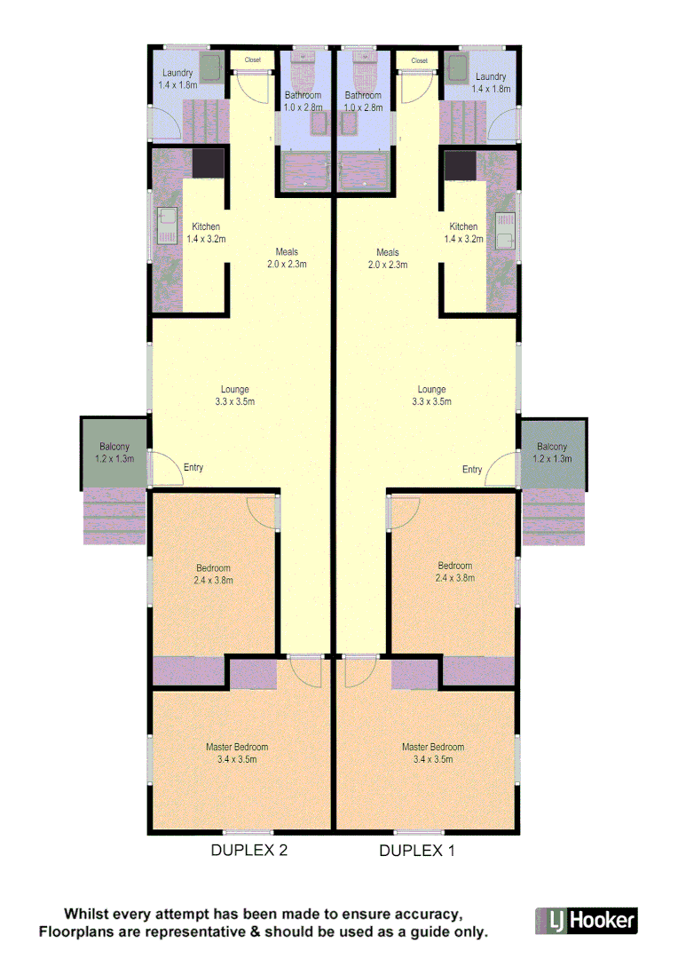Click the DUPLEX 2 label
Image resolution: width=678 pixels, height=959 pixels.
coord(248,851)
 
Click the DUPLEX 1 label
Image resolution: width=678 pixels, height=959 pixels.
coord(417,851)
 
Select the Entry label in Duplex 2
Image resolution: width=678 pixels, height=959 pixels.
coord(193,467)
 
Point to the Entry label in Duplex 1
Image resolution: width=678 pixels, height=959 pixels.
coord(472,469)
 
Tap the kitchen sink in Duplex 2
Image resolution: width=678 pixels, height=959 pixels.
coord(166,226)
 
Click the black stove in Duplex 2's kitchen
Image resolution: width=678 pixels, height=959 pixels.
coord(209,163)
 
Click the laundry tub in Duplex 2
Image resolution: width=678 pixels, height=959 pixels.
coord(210,67)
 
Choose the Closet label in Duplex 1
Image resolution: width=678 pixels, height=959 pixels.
coord(419,60)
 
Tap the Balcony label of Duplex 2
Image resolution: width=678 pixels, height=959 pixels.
coord(114,453)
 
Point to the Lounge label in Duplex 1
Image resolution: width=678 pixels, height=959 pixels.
coord(432,395)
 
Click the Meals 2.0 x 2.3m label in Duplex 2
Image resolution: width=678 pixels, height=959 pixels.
coord(287,258)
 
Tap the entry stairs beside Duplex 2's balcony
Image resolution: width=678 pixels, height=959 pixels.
coord(114,518)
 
